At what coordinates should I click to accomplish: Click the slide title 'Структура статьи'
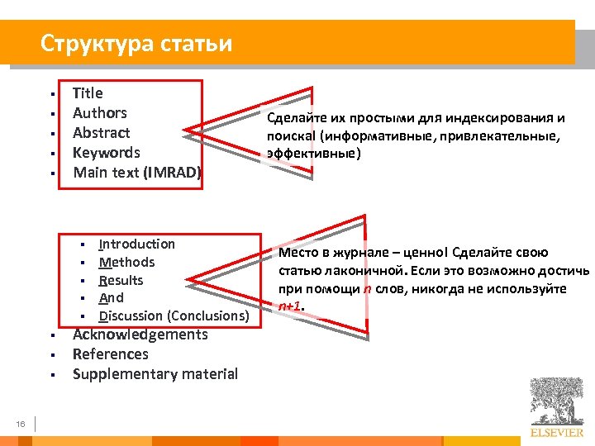click(x=136, y=43)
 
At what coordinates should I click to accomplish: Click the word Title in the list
click(x=88, y=93)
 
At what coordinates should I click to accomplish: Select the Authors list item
click(x=99, y=113)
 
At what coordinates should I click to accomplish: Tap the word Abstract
click(x=101, y=133)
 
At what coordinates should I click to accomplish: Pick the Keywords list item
click(x=106, y=153)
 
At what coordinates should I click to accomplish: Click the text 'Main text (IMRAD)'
click(x=136, y=173)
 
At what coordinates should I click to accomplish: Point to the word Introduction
click(x=136, y=244)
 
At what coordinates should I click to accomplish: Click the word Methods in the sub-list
click(x=126, y=263)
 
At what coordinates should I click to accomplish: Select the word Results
click(x=121, y=281)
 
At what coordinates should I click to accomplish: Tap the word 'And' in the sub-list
click(x=111, y=298)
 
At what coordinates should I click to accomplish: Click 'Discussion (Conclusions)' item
click(x=174, y=316)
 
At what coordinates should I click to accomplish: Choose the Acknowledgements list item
click(x=140, y=334)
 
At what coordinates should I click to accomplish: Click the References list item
click(x=110, y=354)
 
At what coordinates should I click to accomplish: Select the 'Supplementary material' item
click(x=155, y=374)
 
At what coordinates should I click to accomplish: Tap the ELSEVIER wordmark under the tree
click(x=556, y=432)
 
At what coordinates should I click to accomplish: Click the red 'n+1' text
click(x=290, y=306)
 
